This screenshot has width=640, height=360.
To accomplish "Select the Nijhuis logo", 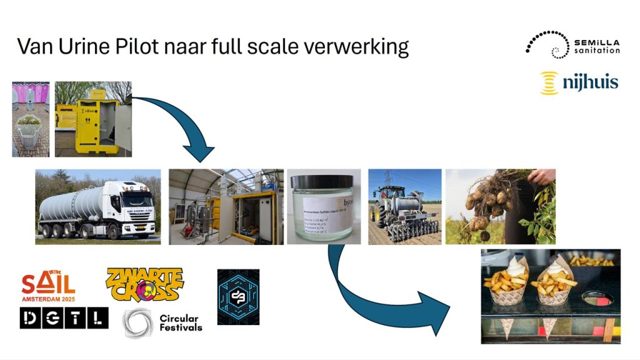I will [x=579, y=82].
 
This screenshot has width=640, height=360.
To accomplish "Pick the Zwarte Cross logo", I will [x=145, y=284].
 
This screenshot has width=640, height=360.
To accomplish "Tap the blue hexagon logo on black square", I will [x=238, y=297].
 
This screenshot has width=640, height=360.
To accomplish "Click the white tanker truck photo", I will [x=97, y=206].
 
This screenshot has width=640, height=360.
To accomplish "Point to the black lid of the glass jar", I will [x=322, y=181].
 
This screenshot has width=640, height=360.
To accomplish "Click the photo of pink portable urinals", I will [x=32, y=119].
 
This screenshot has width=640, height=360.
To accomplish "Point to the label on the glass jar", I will [x=325, y=216].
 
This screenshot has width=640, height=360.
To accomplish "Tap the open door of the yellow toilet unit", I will [x=124, y=127].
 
